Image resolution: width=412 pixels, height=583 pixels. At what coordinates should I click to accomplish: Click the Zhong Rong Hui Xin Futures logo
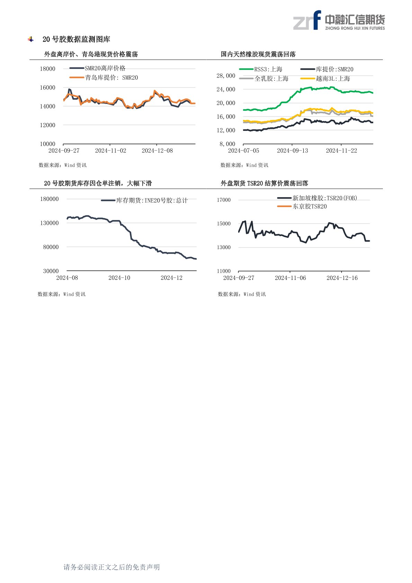[x=339, y=20]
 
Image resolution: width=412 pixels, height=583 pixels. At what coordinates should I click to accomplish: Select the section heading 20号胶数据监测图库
[x=76, y=39]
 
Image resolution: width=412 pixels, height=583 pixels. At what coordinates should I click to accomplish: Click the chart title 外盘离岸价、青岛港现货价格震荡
[x=91, y=54]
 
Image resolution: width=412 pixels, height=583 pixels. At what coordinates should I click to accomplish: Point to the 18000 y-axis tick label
[x=47, y=69]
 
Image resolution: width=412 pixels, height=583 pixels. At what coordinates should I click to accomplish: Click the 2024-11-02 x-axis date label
[x=110, y=151]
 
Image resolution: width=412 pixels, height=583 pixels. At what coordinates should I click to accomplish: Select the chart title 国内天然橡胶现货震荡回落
[x=258, y=54]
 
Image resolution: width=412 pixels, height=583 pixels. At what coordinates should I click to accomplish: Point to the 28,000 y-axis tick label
[x=226, y=76]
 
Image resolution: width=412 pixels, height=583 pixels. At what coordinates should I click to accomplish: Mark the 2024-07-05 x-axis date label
[x=243, y=151]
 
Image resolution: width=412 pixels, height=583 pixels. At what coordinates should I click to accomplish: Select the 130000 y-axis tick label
[x=50, y=223]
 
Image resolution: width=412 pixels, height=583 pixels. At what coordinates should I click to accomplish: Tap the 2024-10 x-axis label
[x=119, y=278]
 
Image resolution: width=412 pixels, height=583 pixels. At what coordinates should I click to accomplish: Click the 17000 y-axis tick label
[x=224, y=200]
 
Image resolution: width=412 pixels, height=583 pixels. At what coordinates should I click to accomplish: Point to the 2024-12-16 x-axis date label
[x=342, y=278]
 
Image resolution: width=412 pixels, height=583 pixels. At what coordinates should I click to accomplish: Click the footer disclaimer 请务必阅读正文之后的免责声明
[x=111, y=567]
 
